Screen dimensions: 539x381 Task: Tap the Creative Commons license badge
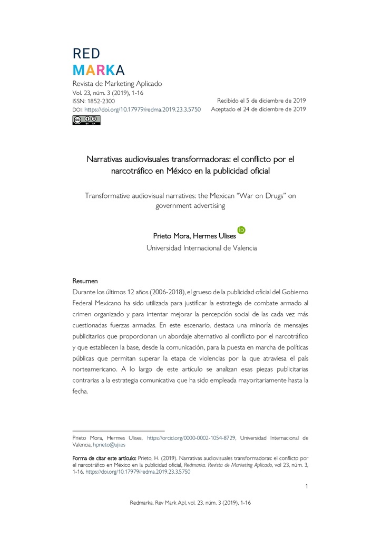coord(86,121)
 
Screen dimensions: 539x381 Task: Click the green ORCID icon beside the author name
coord(242,230)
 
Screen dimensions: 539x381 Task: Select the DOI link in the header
coord(142,109)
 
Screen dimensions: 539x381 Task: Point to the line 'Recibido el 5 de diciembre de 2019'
coord(261,101)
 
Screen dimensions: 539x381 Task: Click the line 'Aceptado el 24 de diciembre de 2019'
coord(258,109)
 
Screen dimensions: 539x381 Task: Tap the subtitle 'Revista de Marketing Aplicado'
coord(117,84)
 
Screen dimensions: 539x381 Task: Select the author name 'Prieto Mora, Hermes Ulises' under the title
coord(194,236)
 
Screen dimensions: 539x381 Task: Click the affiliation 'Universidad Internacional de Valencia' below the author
coord(201,248)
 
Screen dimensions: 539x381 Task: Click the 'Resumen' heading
coord(85,281)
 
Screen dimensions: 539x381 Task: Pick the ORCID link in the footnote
coord(191,438)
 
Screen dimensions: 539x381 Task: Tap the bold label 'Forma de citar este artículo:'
coord(104,458)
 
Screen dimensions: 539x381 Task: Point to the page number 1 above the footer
coord(306,486)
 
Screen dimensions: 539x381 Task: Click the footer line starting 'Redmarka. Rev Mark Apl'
coord(190,503)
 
